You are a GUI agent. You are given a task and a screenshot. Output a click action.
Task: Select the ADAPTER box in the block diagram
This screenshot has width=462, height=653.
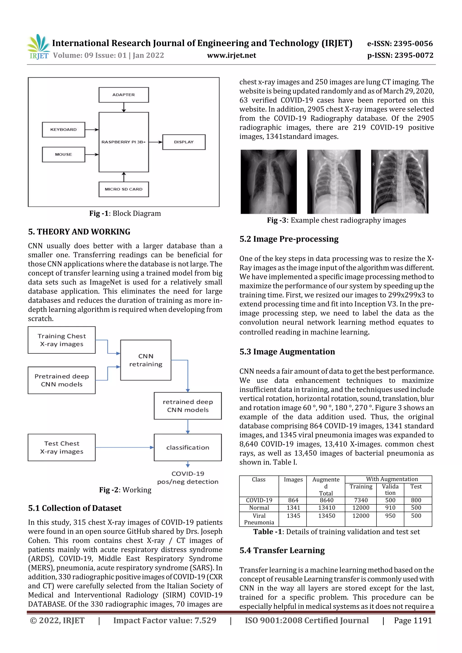tap(124, 95)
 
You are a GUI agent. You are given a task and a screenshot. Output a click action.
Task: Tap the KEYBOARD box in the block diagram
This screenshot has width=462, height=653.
tap(63, 130)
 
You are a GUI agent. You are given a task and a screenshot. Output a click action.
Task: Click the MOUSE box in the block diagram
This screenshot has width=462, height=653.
tap(63, 154)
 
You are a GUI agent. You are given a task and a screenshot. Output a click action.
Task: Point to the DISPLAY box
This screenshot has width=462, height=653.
tap(184, 142)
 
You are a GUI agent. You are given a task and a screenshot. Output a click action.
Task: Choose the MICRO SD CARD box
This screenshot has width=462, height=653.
tap(124, 189)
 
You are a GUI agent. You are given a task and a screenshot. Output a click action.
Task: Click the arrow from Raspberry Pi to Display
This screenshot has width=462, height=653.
tap(155, 142)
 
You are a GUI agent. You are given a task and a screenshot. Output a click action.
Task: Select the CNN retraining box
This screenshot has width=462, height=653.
tap(146, 360)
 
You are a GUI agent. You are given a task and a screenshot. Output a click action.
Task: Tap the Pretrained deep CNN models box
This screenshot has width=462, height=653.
tap(62, 380)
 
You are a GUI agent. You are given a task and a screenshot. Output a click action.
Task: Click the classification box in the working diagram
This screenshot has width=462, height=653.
tap(188, 447)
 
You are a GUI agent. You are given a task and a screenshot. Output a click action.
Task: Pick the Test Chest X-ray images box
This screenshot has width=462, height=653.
tap(62, 447)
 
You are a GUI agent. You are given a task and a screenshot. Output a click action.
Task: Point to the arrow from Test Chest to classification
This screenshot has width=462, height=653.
tap(124, 447)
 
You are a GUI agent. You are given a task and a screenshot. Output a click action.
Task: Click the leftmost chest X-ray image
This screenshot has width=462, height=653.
tap(268, 182)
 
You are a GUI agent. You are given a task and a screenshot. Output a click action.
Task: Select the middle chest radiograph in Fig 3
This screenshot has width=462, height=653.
tap(334, 182)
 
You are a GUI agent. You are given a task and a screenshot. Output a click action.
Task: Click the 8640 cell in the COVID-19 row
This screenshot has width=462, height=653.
tap(326, 500)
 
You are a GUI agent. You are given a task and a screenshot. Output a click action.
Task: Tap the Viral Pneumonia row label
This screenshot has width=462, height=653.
tap(259, 519)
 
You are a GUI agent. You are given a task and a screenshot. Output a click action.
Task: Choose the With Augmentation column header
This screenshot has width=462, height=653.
tap(392, 479)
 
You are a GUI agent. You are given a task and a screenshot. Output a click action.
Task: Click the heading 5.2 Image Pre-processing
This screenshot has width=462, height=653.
tap(289, 239)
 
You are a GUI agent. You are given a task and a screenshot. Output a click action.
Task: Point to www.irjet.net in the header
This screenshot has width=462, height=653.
tap(231, 55)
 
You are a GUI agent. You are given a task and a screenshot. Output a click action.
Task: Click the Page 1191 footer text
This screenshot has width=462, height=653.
tap(413, 621)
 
